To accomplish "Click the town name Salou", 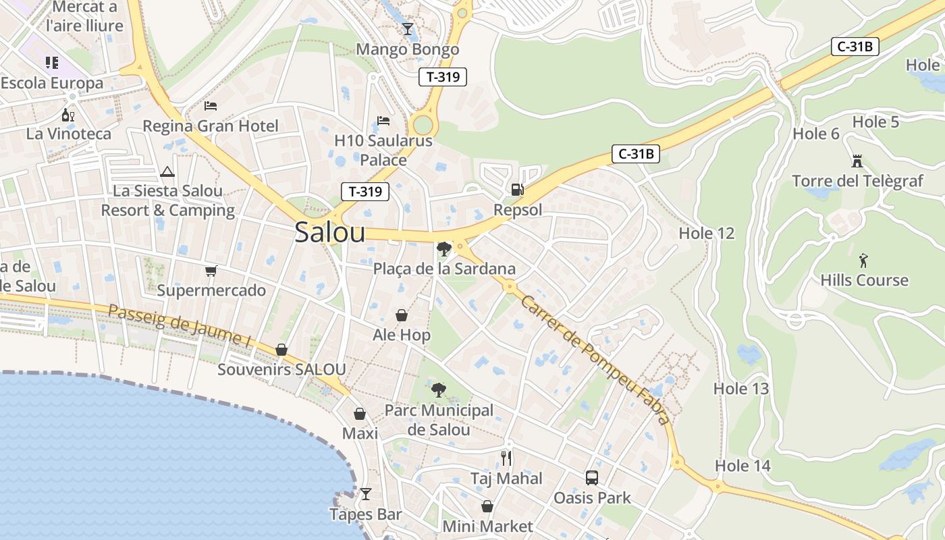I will [330, 233].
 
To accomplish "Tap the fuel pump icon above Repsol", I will [517, 190].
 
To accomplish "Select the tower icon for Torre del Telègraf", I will [857, 161].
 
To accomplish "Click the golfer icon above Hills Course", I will [863, 261].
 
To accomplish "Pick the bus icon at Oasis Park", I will [591, 478].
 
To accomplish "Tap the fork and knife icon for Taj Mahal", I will [506, 458].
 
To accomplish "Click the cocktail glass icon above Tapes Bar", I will [365, 494].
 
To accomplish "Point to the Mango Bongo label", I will [407, 49].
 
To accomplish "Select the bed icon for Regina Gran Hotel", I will [211, 106].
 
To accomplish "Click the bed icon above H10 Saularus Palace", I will [383, 122].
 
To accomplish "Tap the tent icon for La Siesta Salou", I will [167, 171].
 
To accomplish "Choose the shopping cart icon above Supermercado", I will [211, 271].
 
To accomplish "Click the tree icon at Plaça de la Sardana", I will [443, 249].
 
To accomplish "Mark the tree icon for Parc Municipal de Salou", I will [439, 390].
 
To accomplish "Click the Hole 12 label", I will [706, 234].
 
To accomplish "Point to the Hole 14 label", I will [742, 466].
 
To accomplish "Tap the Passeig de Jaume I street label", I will [180, 326].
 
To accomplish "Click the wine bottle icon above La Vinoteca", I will [68, 115].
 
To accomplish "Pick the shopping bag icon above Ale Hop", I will [401, 315].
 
